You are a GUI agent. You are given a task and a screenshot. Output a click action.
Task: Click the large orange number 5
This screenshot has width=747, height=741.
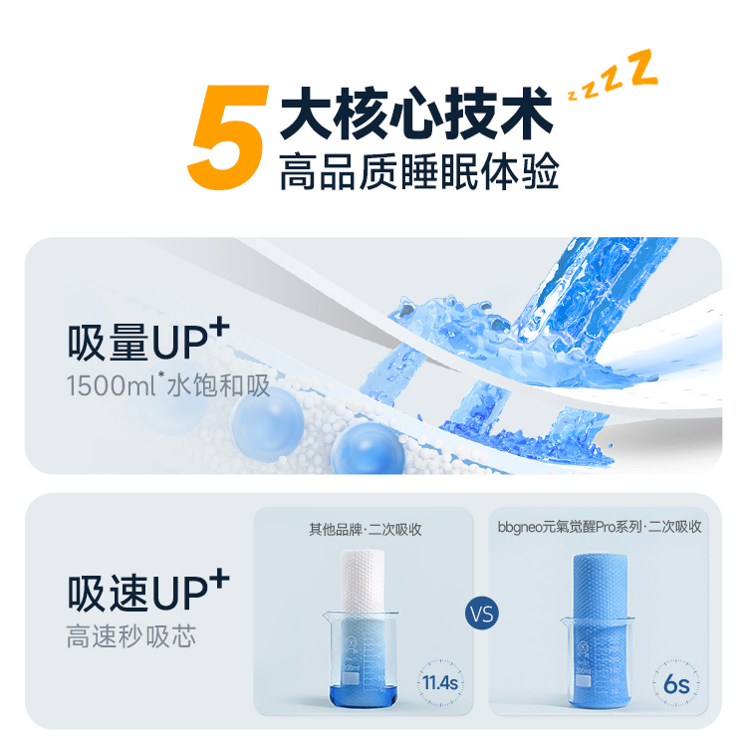(x=229, y=137)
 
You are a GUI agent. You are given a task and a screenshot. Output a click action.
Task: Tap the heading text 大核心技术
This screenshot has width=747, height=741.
(x=416, y=113)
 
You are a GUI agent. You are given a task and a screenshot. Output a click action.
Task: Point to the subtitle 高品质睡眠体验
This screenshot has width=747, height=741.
(x=418, y=171)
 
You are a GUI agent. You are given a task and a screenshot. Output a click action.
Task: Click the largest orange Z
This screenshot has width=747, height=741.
(x=643, y=68)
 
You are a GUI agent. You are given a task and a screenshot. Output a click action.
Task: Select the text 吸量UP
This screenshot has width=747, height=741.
(x=137, y=343)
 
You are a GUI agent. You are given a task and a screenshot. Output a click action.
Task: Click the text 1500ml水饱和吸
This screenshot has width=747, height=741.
(x=168, y=385)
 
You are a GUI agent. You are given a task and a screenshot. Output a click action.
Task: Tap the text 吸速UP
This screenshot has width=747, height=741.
(x=137, y=594)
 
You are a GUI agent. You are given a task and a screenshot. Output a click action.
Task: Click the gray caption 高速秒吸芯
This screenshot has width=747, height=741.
(x=131, y=636)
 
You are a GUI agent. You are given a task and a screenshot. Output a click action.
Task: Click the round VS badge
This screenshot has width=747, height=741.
(x=482, y=614)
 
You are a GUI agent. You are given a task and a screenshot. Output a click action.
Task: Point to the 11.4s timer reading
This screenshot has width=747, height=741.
(x=440, y=682)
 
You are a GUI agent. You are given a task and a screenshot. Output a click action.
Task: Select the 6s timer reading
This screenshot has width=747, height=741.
(x=676, y=684)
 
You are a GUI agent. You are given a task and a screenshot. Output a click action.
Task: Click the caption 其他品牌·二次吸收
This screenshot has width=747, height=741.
(x=366, y=530)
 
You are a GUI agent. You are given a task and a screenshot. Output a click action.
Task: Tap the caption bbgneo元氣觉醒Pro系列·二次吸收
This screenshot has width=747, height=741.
(x=600, y=527)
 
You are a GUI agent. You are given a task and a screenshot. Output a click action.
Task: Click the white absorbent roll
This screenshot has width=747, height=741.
(x=363, y=582)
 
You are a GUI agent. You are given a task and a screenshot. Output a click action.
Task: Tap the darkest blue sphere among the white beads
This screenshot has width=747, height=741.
(x=368, y=449)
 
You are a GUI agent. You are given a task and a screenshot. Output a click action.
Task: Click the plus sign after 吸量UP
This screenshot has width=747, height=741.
(x=219, y=328)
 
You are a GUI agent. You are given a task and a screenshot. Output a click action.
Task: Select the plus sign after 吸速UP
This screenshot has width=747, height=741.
(x=219, y=579)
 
